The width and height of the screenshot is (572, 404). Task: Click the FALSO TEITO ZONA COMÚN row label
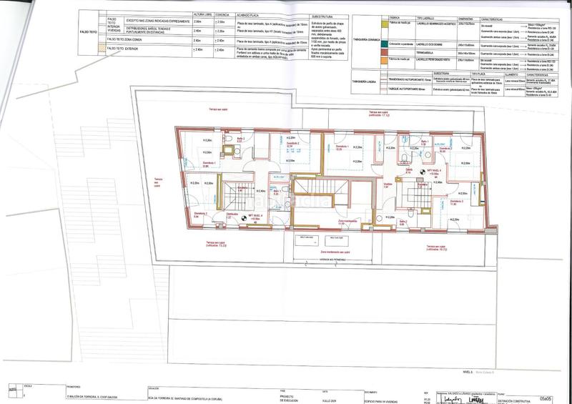(128, 41)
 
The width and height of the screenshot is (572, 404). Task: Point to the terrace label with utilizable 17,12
(378, 114)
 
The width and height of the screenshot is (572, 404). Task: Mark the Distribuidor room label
(232, 214)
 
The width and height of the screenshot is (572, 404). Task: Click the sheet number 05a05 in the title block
(545, 397)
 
